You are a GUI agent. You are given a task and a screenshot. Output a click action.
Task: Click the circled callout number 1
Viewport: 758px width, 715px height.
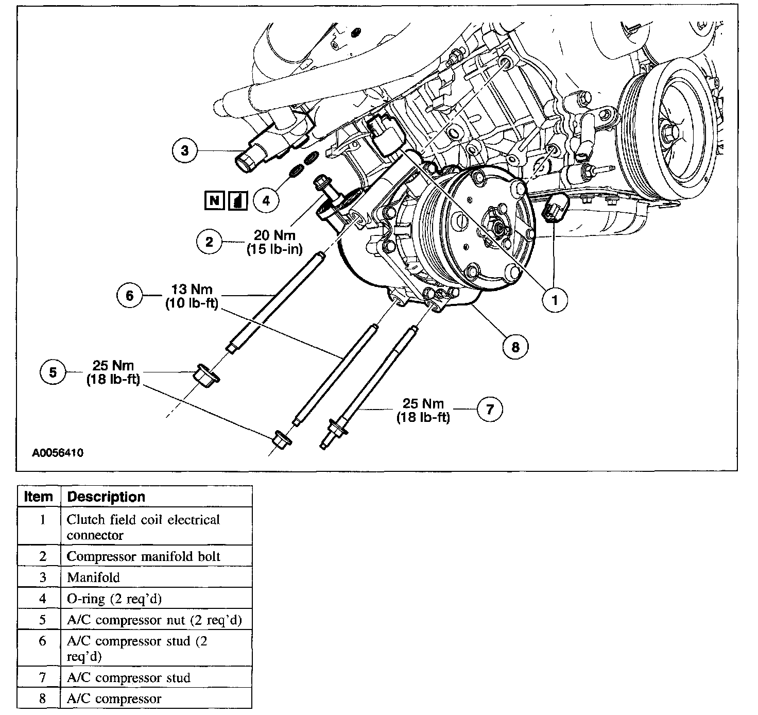pyautogui.click(x=555, y=299)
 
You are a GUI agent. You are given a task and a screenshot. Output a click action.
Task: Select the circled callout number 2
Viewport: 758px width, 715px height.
pyautogui.click(x=209, y=242)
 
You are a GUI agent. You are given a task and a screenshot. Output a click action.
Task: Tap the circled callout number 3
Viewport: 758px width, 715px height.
pyautogui.click(x=185, y=150)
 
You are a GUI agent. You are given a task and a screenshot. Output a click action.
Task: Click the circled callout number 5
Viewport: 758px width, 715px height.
pyautogui.click(x=53, y=372)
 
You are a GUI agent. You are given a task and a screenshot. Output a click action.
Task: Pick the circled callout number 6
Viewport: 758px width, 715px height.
pyautogui.click(x=130, y=295)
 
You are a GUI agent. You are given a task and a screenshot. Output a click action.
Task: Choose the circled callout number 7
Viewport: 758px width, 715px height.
pyautogui.click(x=490, y=409)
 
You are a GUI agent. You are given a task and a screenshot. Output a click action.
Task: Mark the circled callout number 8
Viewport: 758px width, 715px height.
pyautogui.click(x=515, y=347)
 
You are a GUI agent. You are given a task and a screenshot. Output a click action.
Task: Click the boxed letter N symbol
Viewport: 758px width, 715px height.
pyautogui.click(x=214, y=200)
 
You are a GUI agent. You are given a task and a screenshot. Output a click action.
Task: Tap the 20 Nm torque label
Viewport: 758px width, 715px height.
pyautogui.click(x=275, y=235)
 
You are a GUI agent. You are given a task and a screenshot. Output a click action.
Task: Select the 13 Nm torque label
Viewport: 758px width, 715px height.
pyautogui.click(x=193, y=290)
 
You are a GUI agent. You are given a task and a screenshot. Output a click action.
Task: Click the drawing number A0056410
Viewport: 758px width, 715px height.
pyautogui.click(x=58, y=453)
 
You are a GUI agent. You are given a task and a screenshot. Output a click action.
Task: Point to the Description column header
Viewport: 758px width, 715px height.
pyautogui.click(x=107, y=497)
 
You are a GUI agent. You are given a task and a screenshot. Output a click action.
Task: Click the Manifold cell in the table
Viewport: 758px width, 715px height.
pyautogui.click(x=93, y=578)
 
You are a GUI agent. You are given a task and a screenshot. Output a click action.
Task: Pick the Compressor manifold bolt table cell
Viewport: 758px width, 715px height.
pyautogui.click(x=144, y=557)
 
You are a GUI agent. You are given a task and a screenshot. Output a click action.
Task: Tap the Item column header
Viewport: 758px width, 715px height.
pyautogui.click(x=39, y=497)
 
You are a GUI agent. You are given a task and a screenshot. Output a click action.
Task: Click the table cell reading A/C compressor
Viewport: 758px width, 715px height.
pyautogui.click(x=114, y=699)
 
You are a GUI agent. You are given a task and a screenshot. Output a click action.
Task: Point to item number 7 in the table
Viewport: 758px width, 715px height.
pyautogui.click(x=43, y=677)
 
